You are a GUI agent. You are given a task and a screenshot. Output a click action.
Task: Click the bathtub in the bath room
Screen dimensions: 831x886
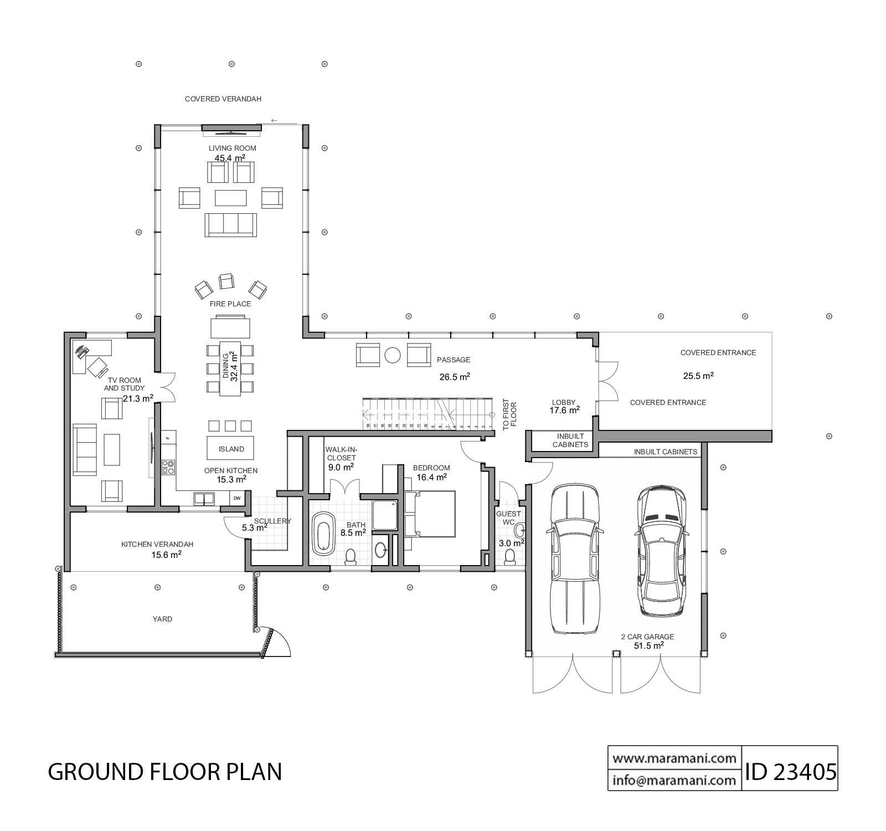pyautogui.click(x=323, y=534)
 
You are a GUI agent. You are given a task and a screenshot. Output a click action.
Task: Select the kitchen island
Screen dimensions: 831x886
pyautogui.click(x=231, y=448)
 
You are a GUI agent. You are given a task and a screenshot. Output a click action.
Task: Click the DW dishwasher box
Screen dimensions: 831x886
pyautogui.click(x=237, y=498)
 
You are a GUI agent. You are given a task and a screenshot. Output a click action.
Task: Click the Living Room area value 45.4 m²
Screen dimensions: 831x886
pyautogui.click(x=230, y=158)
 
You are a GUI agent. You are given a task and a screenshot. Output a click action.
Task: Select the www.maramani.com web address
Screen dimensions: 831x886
pyautogui.click(x=674, y=758)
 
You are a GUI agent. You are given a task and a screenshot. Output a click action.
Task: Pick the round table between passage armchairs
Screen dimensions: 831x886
pyautogui.click(x=393, y=355)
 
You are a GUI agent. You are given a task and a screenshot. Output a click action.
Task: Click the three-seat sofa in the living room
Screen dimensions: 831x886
pyautogui.click(x=230, y=224)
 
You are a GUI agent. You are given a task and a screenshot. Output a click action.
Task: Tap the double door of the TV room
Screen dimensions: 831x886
pyautogui.click(x=168, y=387)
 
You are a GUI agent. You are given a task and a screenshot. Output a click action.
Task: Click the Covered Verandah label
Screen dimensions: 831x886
pyautogui.click(x=223, y=99)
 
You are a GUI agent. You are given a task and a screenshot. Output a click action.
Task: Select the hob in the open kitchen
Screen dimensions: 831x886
pyautogui.click(x=168, y=467)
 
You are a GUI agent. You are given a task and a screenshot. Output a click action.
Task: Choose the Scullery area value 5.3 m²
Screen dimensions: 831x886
pyautogui.click(x=255, y=528)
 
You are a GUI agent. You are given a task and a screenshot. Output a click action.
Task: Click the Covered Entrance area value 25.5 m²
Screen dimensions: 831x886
pyautogui.click(x=698, y=376)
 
